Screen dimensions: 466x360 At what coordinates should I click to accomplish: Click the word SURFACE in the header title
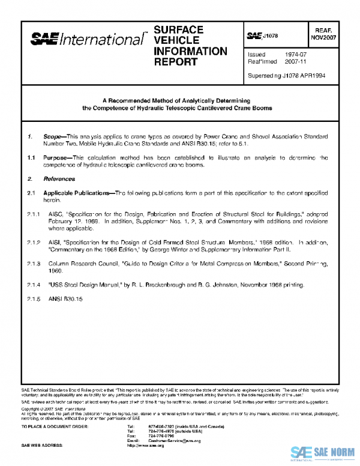point(178,29)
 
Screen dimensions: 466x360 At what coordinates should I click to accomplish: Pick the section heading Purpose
point(56,159)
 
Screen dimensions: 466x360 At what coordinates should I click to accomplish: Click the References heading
point(59,179)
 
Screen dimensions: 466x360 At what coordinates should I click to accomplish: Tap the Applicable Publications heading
point(77,193)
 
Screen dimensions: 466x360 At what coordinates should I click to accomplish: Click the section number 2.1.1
point(33,214)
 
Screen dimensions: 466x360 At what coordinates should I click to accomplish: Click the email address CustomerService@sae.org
point(173,440)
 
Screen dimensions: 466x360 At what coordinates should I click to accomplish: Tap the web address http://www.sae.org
point(146,446)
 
